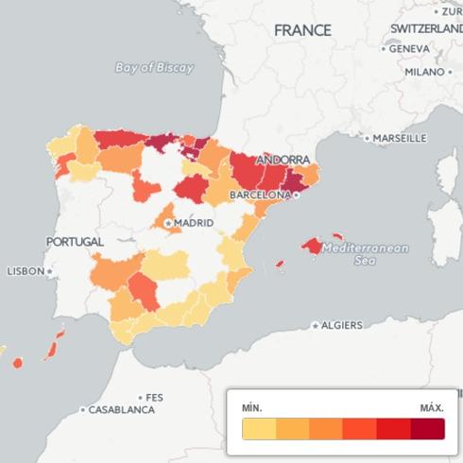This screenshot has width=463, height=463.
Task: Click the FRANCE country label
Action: (x=302, y=30)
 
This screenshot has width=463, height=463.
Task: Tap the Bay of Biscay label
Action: (x=154, y=68)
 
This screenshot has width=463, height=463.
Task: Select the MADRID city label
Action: (x=193, y=223)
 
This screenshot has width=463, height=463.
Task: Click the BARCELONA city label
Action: (x=260, y=194)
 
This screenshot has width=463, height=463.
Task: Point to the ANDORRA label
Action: (x=283, y=160)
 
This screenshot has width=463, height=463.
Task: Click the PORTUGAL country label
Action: (x=75, y=242)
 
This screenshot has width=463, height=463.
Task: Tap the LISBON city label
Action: (x=26, y=271)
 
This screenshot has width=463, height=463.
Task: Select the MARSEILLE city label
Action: (x=400, y=138)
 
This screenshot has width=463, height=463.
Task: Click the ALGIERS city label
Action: (x=341, y=325)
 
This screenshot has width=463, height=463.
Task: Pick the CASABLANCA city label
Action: (x=121, y=410)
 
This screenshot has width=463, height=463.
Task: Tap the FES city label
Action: (x=154, y=398)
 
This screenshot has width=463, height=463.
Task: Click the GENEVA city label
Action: (x=409, y=48)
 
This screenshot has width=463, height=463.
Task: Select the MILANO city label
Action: (x=424, y=72)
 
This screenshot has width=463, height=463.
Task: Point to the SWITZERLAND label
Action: (x=426, y=29)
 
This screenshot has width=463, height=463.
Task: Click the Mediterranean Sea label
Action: (x=365, y=254)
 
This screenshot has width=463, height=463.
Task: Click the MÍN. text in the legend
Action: (x=251, y=407)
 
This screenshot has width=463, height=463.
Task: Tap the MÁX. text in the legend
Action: (x=432, y=407)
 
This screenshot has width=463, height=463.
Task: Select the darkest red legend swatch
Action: (x=427, y=429)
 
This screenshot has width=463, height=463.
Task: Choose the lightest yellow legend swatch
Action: (x=259, y=429)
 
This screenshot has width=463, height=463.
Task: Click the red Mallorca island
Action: (x=313, y=246)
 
